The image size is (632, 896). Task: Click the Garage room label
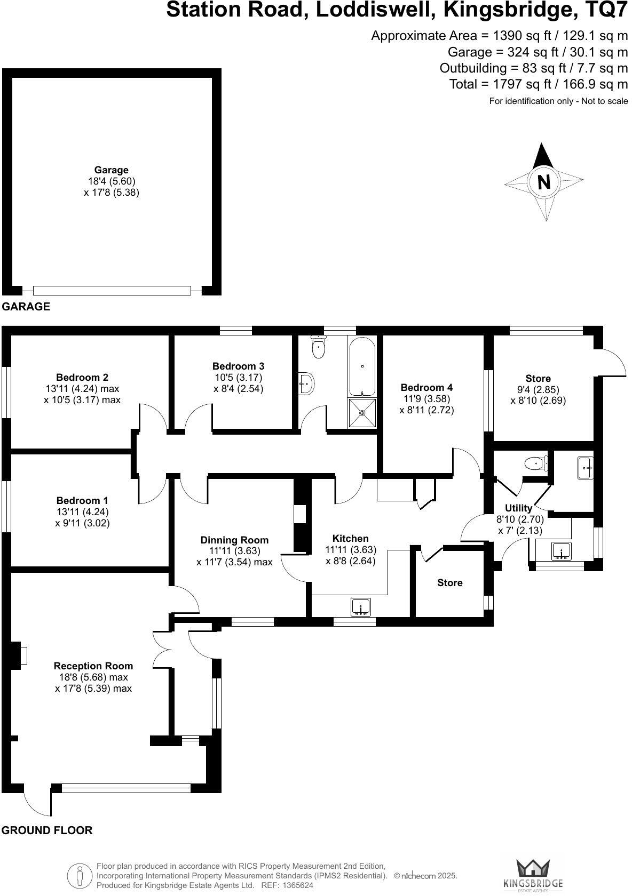[112, 170]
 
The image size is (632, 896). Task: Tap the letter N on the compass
[543, 182]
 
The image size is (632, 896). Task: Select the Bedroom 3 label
[238, 366]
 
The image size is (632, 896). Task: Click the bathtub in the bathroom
[362, 366]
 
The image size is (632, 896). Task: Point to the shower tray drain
[362, 412]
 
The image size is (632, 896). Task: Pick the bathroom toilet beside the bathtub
[319, 348]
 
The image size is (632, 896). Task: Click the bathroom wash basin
[306, 382]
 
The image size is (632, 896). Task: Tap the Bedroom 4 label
[426, 388]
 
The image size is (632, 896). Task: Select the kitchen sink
[361, 607]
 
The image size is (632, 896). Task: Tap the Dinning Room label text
[234, 540]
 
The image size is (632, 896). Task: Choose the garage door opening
[112, 291]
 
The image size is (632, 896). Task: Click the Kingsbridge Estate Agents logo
[533, 874]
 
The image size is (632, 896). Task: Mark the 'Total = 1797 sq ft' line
[539, 84]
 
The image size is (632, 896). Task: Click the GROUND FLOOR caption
[47, 830]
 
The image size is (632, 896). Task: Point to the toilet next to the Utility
[535, 463]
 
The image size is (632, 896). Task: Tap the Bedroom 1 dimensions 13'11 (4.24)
[82, 512]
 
